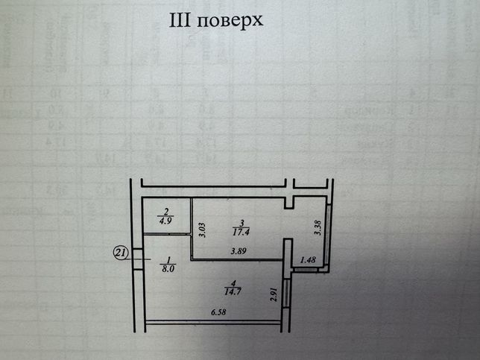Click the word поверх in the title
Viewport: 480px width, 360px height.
tap(230, 21)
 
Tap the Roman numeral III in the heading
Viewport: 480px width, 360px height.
tap(180, 20)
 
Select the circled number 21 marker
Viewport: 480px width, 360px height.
tap(120, 253)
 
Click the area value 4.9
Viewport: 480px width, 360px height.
tap(165, 221)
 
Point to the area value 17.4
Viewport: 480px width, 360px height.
tap(241, 232)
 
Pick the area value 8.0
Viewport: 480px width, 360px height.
tap(168, 269)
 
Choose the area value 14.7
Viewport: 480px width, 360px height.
tap(233, 291)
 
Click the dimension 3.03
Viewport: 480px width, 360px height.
tap(202, 230)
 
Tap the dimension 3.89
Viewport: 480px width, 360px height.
tap(239, 252)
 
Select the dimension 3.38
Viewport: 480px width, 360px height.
tap(318, 228)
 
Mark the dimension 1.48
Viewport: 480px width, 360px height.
tap(308, 260)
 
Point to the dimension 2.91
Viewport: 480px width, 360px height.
tap(274, 294)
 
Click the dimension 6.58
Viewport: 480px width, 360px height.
tap(218, 312)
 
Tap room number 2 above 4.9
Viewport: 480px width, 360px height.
tap(166, 212)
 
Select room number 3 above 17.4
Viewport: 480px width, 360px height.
tap(242, 223)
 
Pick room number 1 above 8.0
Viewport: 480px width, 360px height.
tap(168, 260)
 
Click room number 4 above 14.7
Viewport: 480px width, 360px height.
tap(233, 282)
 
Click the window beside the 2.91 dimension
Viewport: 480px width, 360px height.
tap(286, 292)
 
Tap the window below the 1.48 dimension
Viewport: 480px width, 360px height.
tap(306, 270)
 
